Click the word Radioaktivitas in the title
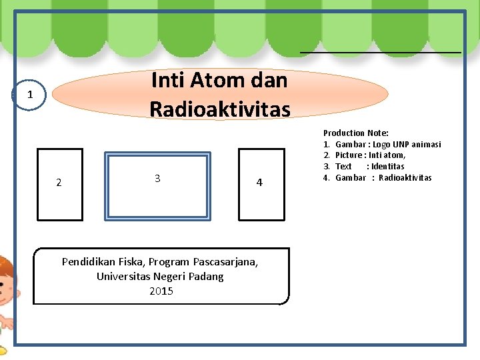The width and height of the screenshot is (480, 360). click(220, 108)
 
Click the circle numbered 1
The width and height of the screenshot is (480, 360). click(29, 95)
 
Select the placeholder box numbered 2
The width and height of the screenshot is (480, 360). click(60, 184)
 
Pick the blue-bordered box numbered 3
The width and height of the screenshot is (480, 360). click(158, 185)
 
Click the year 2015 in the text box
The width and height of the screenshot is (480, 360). click(161, 291)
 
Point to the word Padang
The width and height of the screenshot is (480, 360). click(207, 276)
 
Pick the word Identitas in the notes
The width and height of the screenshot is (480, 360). click(388, 167)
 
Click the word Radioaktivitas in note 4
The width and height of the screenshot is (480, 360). click(405, 177)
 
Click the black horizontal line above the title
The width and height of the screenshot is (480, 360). click(380, 51)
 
